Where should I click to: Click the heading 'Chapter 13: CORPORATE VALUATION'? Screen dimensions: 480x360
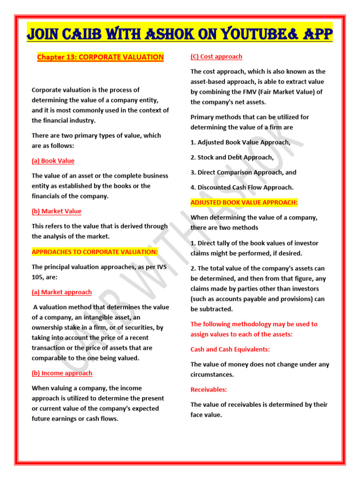pos(100,57)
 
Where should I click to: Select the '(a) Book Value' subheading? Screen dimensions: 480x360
pos(53,161)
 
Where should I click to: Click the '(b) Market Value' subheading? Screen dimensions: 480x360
pos(56,211)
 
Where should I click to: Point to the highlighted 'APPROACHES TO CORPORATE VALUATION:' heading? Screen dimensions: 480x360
pos(95,252)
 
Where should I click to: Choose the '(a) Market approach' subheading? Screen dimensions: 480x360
pos(61,292)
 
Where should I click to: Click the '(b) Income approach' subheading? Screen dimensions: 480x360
pos(62,373)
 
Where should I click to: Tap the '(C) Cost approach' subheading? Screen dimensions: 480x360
pos(216,57)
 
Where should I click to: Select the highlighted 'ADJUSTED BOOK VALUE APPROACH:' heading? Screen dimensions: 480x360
pos(244,202)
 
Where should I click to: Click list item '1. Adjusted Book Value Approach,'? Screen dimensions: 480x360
pos(240,142)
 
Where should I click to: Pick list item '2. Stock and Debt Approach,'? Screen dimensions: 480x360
pos(232,157)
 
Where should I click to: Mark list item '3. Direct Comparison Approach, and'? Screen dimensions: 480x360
pos(243,172)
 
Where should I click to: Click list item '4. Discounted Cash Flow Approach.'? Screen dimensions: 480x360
pos(242,187)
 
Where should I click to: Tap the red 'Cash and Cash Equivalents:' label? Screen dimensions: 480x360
pos(230,349)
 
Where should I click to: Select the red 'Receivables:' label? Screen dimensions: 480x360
pos(209,390)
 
